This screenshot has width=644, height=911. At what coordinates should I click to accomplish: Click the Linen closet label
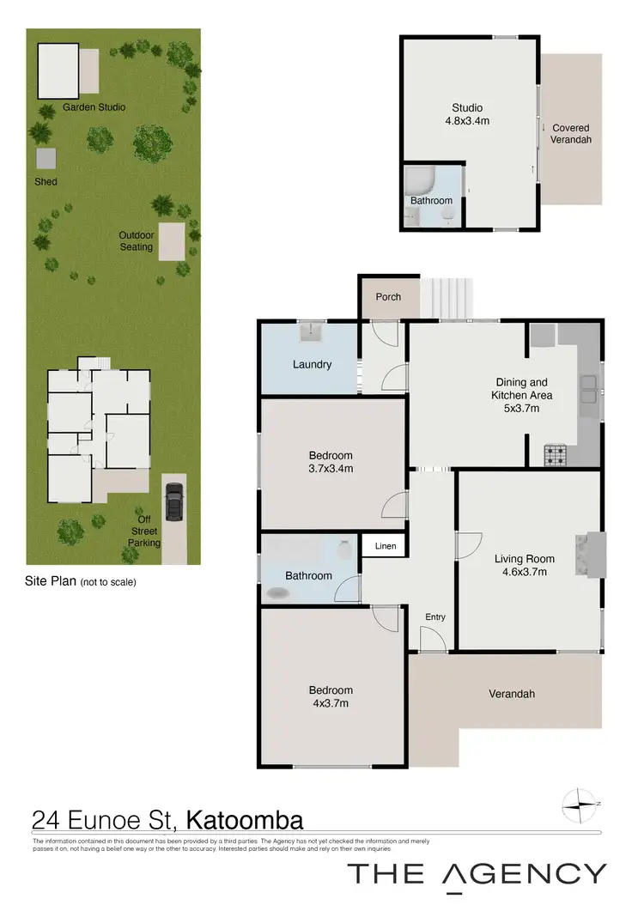point(384,546)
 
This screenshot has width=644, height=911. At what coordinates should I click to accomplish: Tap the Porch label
point(388,297)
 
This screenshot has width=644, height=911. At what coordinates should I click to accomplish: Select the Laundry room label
point(312,364)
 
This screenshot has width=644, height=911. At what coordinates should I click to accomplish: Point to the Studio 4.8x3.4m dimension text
point(467,121)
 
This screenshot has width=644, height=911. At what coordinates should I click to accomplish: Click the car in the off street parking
point(174,502)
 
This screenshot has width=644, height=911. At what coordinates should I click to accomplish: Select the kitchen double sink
point(589,390)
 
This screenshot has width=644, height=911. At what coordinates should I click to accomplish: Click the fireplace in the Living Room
point(592,554)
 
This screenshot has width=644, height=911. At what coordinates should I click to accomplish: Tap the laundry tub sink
point(309,331)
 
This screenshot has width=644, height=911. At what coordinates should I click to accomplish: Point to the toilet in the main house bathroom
point(346,548)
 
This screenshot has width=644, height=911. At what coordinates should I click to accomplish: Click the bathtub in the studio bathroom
point(421,181)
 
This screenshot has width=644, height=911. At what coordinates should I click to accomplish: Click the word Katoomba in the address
point(245,820)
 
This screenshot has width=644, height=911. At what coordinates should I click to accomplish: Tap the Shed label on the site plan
point(46,182)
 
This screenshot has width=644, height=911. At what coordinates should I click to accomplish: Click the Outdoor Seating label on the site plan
point(136,241)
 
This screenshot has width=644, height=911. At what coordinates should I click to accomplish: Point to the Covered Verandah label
point(571,134)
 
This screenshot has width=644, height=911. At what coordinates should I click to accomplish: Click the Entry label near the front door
point(435,616)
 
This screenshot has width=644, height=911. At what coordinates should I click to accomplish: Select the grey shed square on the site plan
point(46,159)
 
